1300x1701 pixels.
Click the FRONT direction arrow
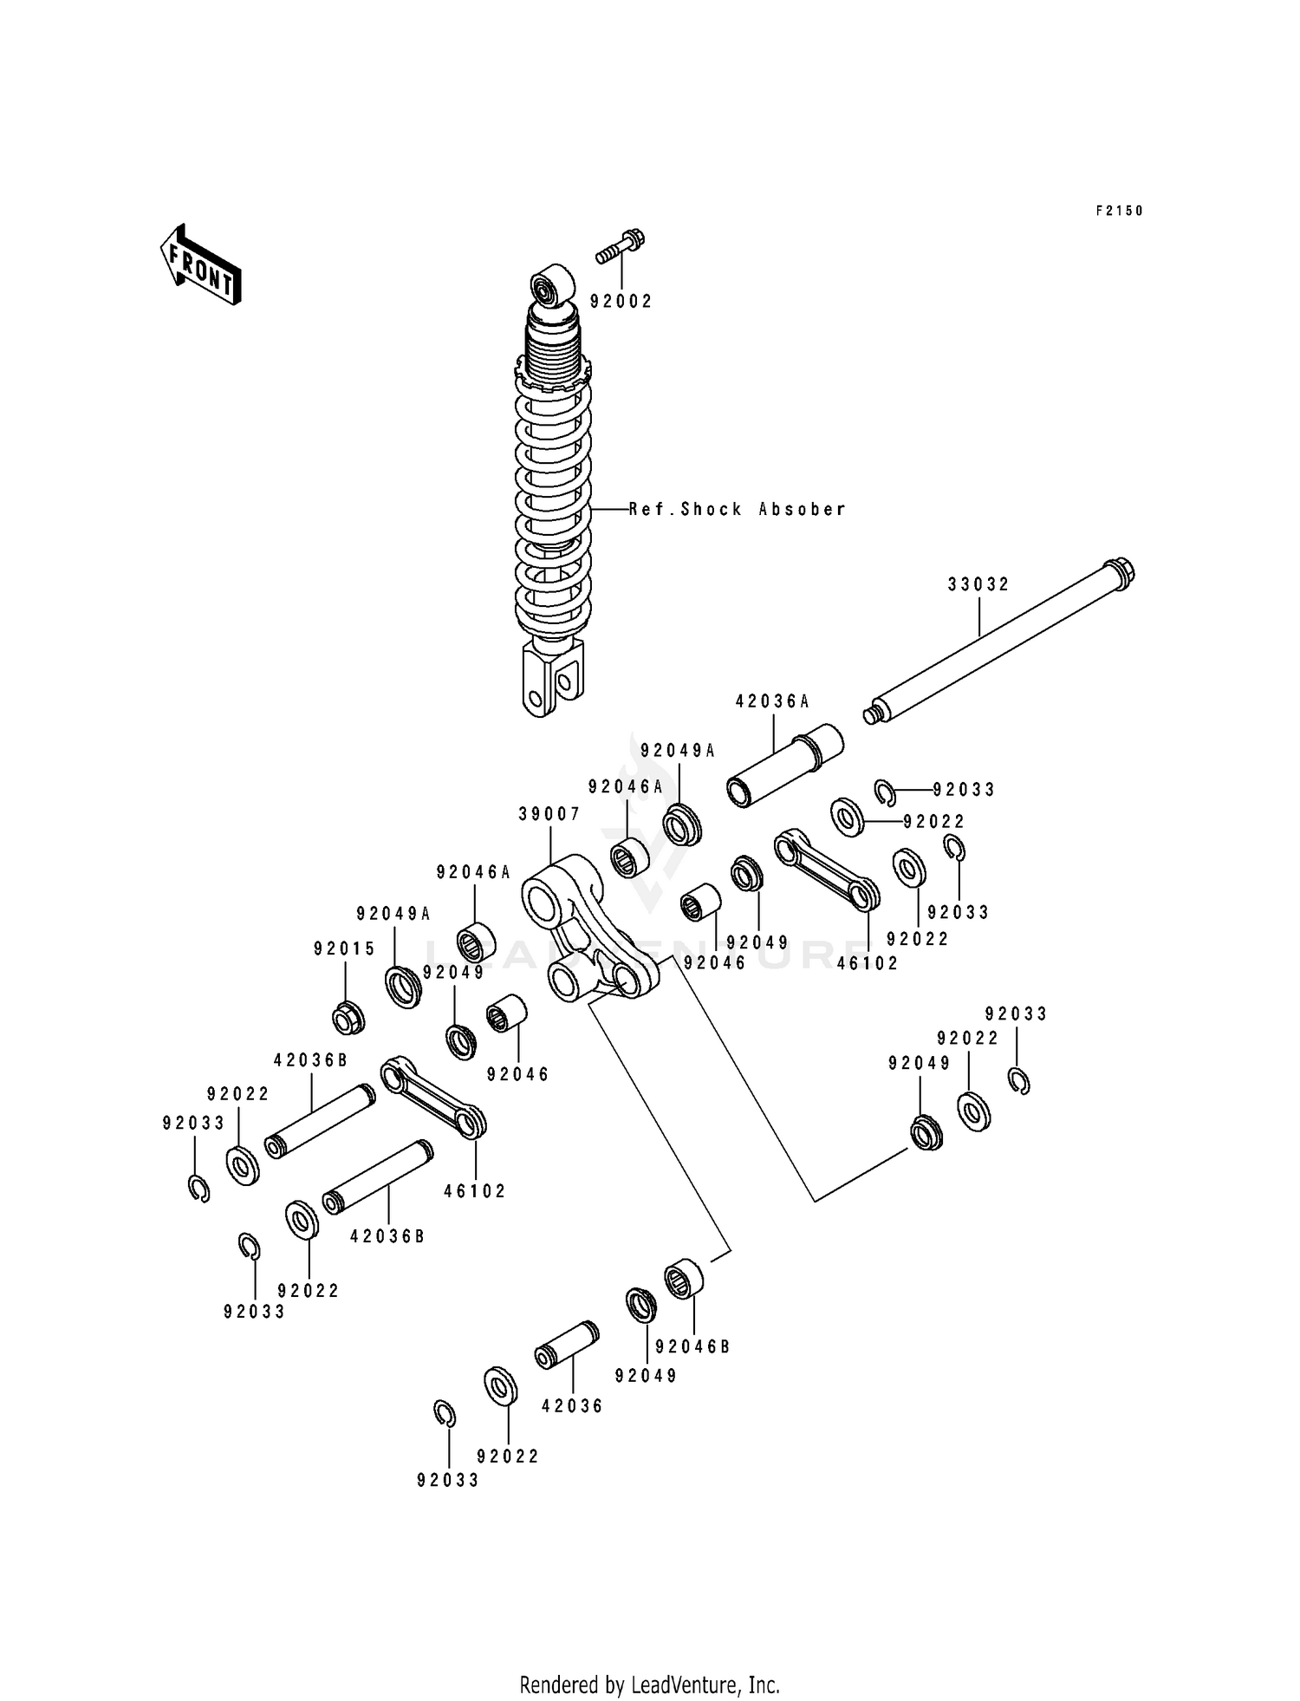pyautogui.click(x=200, y=264)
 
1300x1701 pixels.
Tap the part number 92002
pyautogui.click(x=621, y=302)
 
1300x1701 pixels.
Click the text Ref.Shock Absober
pyautogui.click(x=737, y=510)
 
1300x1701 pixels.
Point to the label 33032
pyautogui.click(x=978, y=584)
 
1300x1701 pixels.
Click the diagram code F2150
pyautogui.click(x=1120, y=211)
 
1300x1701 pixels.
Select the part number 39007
pyautogui.click(x=549, y=814)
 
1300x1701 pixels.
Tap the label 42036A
pyautogui.click(x=772, y=701)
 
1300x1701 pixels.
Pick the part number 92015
pyautogui.click(x=344, y=949)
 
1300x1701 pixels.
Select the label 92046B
pyautogui.click(x=692, y=1346)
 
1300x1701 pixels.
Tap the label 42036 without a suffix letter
pyautogui.click(x=572, y=1406)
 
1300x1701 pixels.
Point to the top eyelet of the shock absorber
pyautogui.click(x=552, y=285)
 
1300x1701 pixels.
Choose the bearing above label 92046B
pyautogui.click(x=683, y=1277)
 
